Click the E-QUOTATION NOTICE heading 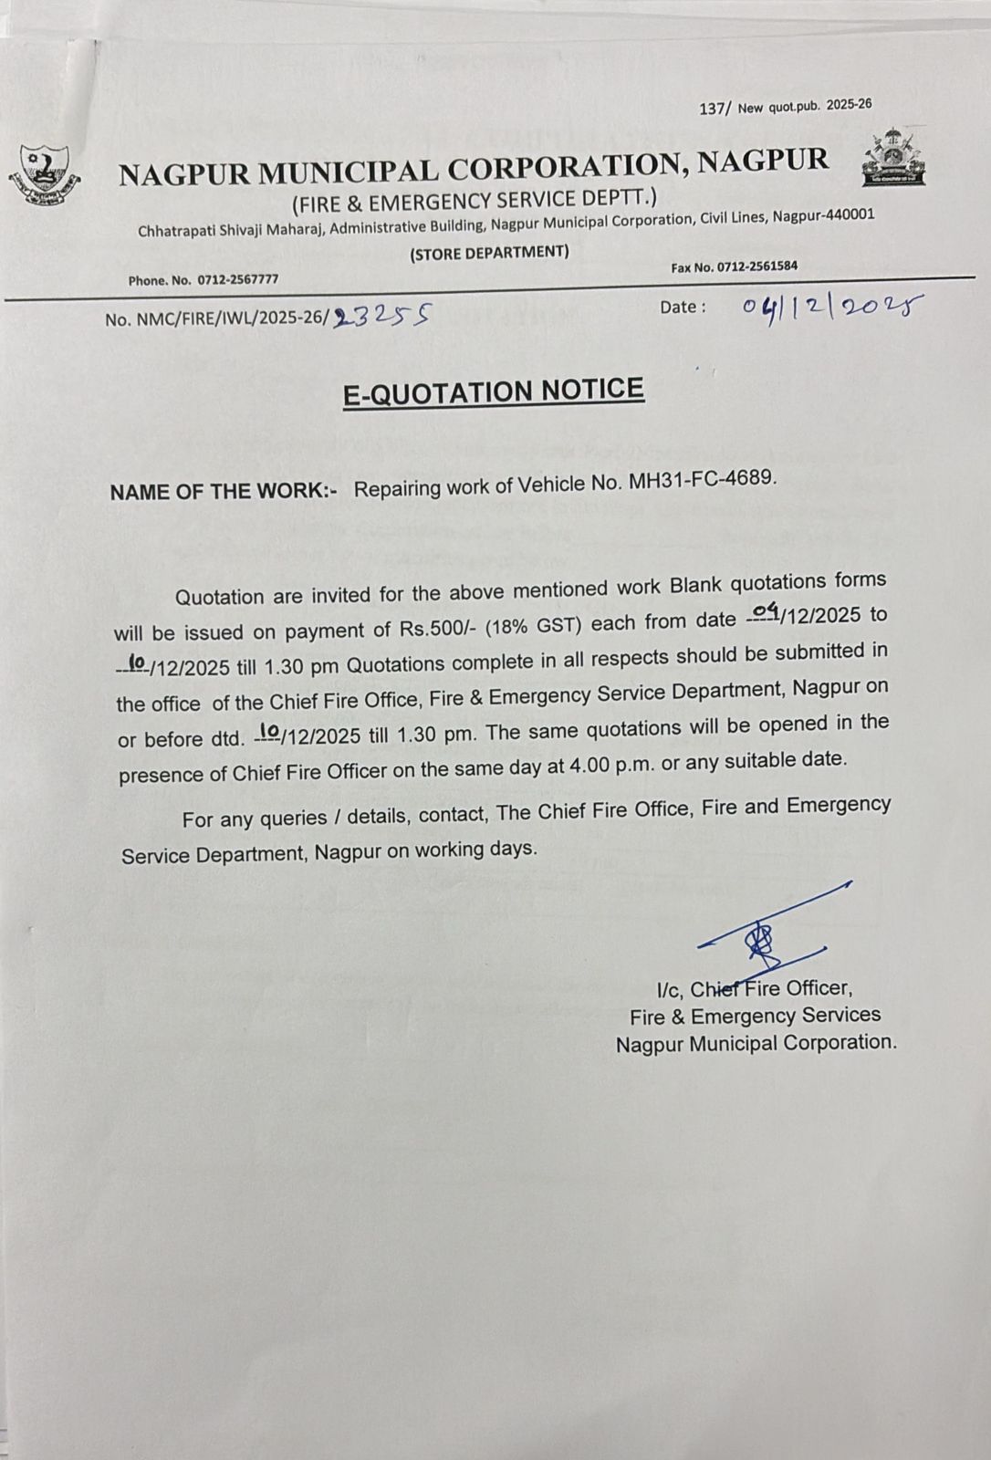(x=493, y=391)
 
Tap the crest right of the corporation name (x=893, y=159)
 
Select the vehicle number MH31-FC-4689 (x=703, y=479)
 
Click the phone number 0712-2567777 (x=232, y=279)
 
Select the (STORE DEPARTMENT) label (x=489, y=253)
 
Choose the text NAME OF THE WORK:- (x=223, y=491)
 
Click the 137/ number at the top (x=715, y=109)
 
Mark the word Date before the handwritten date (x=682, y=308)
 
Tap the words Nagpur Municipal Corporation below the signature (x=755, y=1043)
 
